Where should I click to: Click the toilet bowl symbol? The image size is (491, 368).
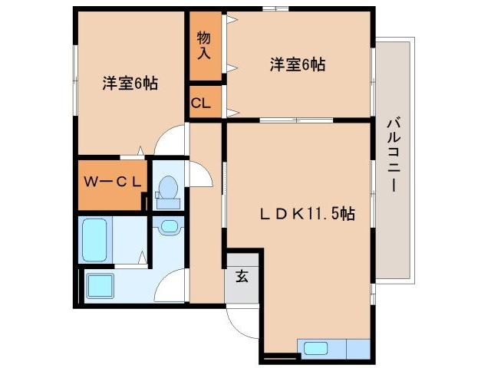(x=168, y=187)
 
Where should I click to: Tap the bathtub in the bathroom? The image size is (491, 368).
(x=97, y=239)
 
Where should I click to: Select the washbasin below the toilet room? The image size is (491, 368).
(x=168, y=226)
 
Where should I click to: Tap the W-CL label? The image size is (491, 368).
(x=112, y=182)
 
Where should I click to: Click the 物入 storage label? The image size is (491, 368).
(x=203, y=45)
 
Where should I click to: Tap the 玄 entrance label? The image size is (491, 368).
(x=241, y=277)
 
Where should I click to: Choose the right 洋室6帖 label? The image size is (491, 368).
(x=297, y=65)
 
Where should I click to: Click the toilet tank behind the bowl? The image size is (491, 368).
(x=168, y=202)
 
